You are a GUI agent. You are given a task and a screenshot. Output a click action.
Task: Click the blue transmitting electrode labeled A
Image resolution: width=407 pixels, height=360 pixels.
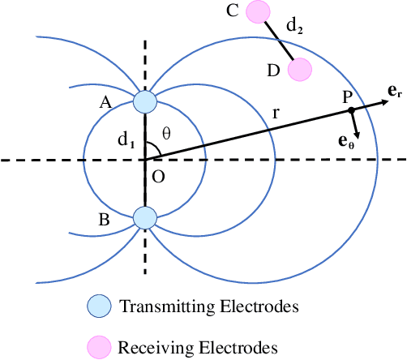click(144, 101)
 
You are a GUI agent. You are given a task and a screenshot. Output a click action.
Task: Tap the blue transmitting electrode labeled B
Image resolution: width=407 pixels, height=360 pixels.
click(144, 217)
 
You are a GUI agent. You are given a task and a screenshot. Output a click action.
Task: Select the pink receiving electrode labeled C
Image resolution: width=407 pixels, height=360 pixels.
click(258, 12)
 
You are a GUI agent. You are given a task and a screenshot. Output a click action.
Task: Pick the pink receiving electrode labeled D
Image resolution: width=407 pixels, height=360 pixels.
click(299, 71)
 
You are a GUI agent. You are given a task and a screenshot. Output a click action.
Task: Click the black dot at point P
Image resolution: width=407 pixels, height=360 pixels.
click(351, 109)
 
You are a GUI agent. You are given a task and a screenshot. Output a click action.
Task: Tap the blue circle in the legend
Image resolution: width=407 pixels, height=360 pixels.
click(98, 306)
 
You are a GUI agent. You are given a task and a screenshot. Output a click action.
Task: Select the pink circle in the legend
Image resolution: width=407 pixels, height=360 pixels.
click(98, 346)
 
